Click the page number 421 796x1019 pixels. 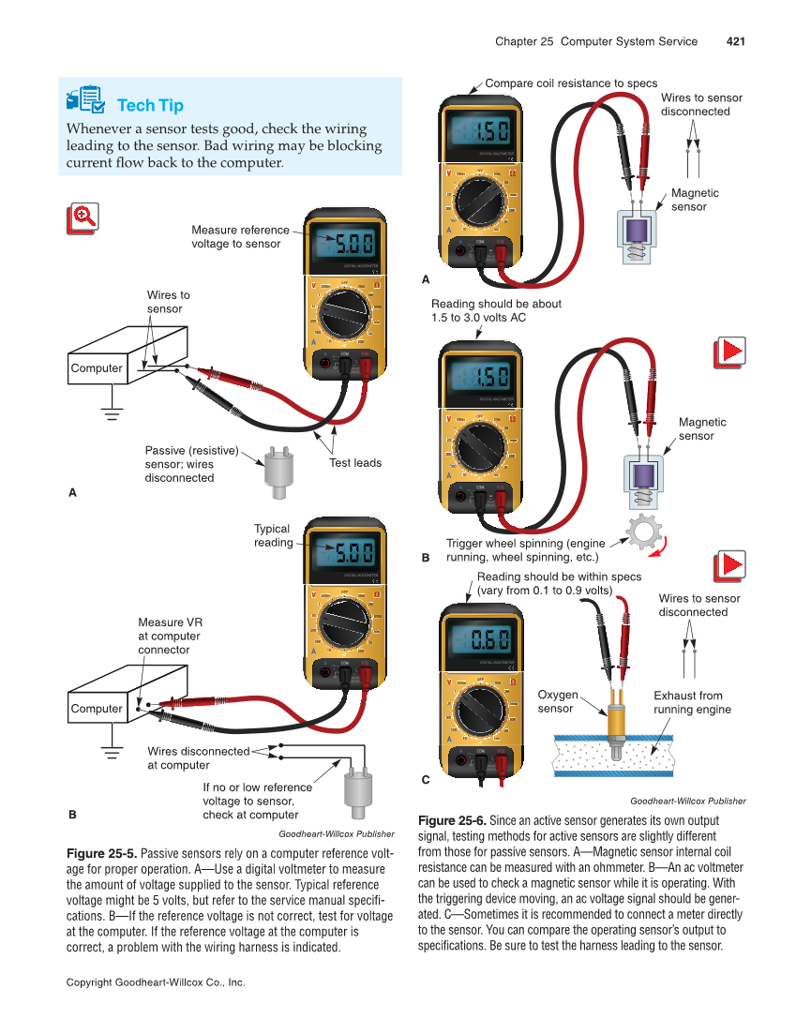[x=734, y=41]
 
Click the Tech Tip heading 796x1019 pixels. [x=150, y=105]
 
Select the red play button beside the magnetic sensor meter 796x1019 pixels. [x=729, y=352]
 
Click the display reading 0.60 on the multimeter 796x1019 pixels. [x=488, y=643]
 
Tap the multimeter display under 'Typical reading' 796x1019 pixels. [x=343, y=550]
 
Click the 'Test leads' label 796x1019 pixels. [x=355, y=462]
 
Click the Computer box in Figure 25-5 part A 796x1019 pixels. [x=97, y=368]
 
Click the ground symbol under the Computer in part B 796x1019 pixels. [x=113, y=751]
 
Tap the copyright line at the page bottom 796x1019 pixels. [x=156, y=982]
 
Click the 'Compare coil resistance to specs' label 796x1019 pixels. [x=571, y=83]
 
